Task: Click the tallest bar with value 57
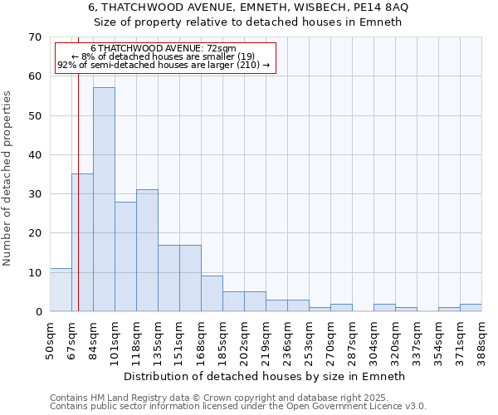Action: [x=104, y=199]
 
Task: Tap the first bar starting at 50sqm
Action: [x=61, y=290]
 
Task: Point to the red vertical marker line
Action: [x=78, y=191]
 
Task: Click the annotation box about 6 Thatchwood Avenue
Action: [x=164, y=57]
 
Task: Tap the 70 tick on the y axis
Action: [x=34, y=37]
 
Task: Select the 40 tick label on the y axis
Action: [x=34, y=155]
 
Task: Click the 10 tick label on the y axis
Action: [x=34, y=273]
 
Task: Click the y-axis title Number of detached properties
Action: [x=8, y=178]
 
